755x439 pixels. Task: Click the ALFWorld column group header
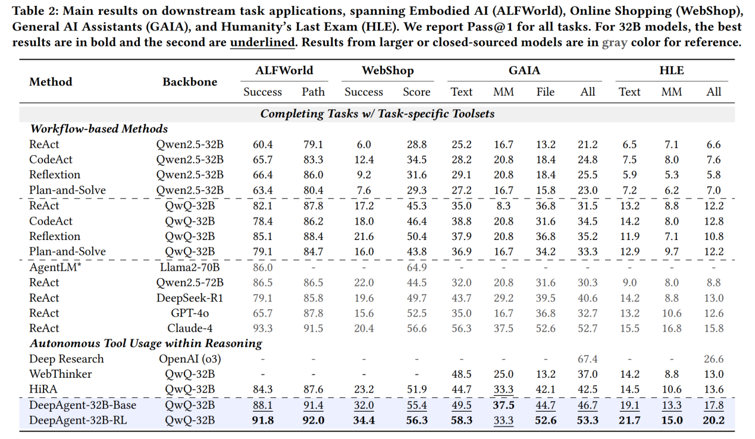[x=284, y=71]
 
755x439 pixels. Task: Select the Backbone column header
[x=190, y=82]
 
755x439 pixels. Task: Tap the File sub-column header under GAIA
[x=545, y=92]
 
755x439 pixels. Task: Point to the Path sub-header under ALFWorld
[x=313, y=92]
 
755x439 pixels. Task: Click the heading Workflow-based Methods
[x=99, y=129]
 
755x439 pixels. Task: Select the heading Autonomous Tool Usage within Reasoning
[x=146, y=343]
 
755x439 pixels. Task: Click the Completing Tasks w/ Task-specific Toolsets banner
[x=377, y=113]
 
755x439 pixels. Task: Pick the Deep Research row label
[x=66, y=359]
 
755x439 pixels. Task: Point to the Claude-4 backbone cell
[x=190, y=329]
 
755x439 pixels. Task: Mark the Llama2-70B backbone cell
[x=190, y=267]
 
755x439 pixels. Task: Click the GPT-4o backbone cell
[x=190, y=313]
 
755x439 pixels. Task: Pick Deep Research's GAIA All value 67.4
[x=587, y=359]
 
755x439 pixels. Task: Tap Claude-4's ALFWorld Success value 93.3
[x=262, y=329]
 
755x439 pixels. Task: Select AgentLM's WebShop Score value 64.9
[x=416, y=267]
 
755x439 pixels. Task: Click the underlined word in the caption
[x=262, y=43]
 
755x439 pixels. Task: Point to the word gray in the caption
[x=615, y=43]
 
